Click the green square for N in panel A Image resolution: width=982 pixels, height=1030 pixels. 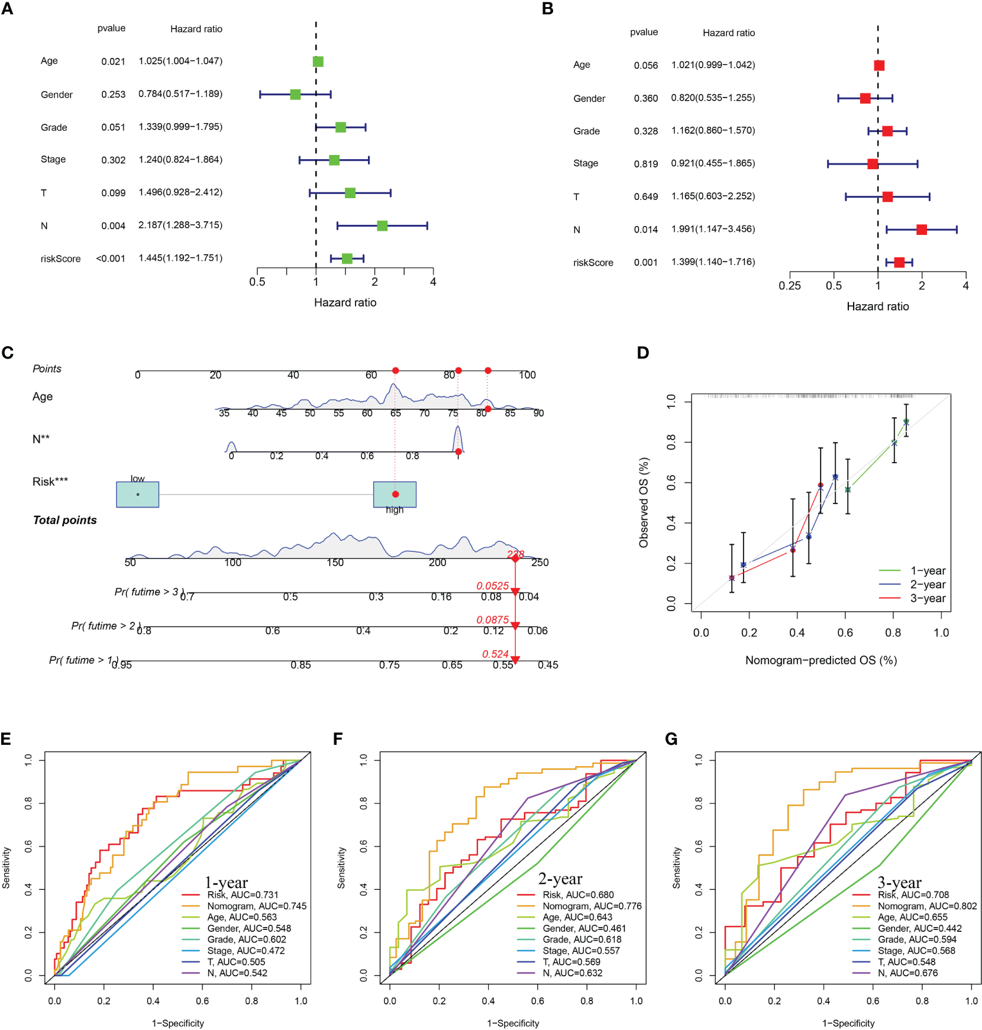[x=382, y=225]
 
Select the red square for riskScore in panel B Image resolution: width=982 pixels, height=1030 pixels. [x=899, y=262]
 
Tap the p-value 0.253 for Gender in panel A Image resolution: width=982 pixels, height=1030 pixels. [x=113, y=95]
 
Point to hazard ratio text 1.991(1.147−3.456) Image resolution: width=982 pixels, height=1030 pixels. [x=713, y=229]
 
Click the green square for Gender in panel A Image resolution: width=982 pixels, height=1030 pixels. [x=295, y=94]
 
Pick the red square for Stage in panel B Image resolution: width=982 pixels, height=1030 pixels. [x=873, y=163]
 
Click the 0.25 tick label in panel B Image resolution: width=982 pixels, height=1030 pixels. [x=790, y=286]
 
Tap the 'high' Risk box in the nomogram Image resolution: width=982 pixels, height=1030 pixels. [x=395, y=495]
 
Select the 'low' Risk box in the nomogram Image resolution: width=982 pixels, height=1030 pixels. [x=138, y=495]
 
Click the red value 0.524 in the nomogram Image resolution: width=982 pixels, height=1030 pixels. [x=495, y=654]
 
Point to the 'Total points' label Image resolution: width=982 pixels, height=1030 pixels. [x=64, y=520]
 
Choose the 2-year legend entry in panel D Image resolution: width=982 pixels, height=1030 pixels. [x=927, y=585]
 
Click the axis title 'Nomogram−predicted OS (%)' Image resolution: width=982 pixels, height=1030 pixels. [x=821, y=660]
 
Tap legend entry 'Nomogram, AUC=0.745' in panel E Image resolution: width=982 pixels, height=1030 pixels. [x=257, y=906]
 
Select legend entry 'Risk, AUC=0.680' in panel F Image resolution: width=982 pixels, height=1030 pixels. [x=578, y=895]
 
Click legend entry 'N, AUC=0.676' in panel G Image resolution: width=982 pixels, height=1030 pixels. [x=907, y=973]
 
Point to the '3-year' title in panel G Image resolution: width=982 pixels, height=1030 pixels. [x=899, y=883]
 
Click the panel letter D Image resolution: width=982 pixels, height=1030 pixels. [x=643, y=353]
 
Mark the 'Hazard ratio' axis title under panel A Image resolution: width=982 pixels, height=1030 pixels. [x=345, y=302]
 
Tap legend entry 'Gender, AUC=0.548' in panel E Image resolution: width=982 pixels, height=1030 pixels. [x=249, y=928]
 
